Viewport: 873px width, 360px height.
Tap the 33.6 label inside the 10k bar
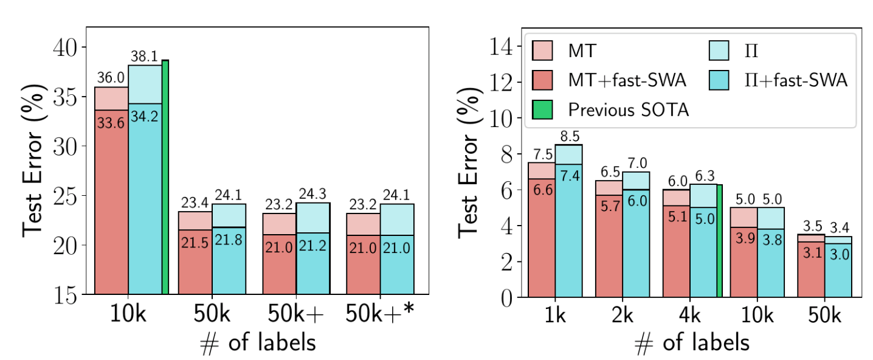coord(111,123)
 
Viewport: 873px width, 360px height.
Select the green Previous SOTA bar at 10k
coord(165,176)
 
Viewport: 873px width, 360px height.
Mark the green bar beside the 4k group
coord(719,241)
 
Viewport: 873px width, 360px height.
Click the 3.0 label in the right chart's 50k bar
coord(838,255)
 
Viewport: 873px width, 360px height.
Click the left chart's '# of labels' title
coord(258,343)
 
